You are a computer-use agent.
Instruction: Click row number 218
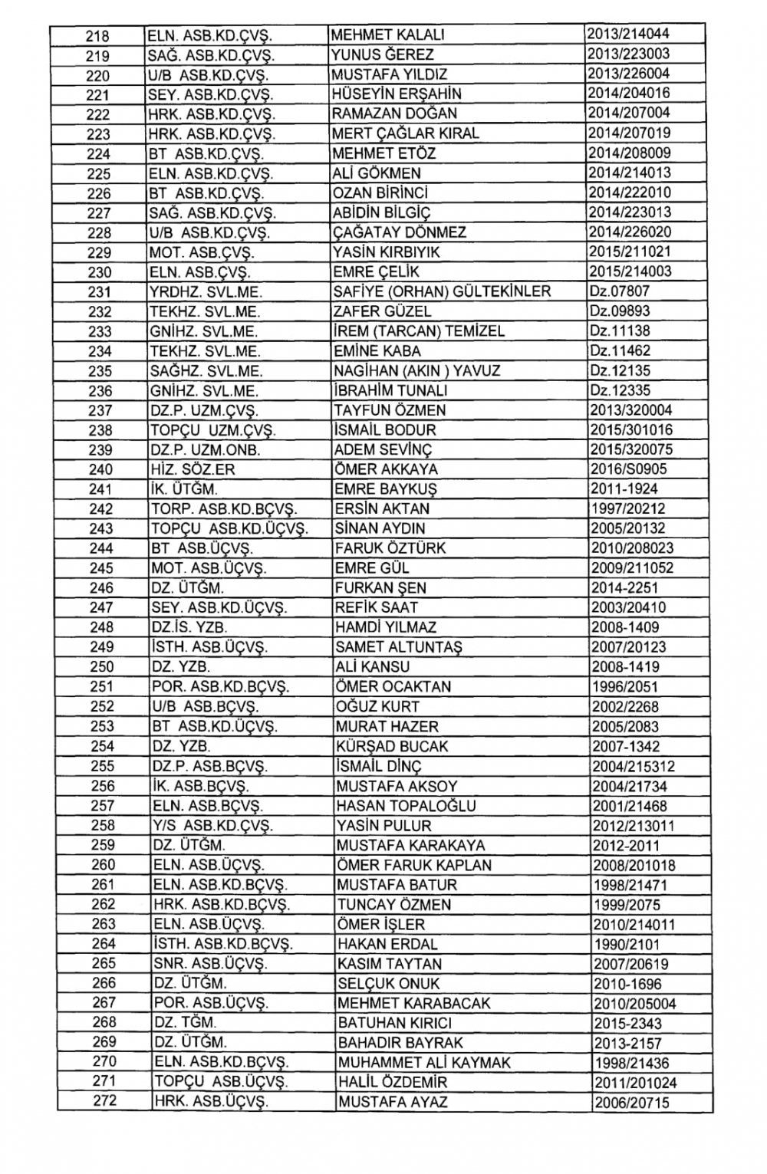click(x=98, y=36)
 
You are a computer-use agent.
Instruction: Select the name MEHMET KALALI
click(x=387, y=35)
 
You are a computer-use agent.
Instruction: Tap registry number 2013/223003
click(x=628, y=54)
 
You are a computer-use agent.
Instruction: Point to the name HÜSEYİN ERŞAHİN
click(x=397, y=94)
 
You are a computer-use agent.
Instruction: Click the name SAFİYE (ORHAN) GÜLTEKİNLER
click(x=442, y=291)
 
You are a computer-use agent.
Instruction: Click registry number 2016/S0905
click(x=629, y=469)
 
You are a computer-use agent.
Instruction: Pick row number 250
click(x=101, y=667)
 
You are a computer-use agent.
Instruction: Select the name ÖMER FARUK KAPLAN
click(x=414, y=865)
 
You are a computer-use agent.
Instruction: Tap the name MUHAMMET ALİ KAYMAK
click(x=424, y=1063)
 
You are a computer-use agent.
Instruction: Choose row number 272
click(x=104, y=1102)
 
